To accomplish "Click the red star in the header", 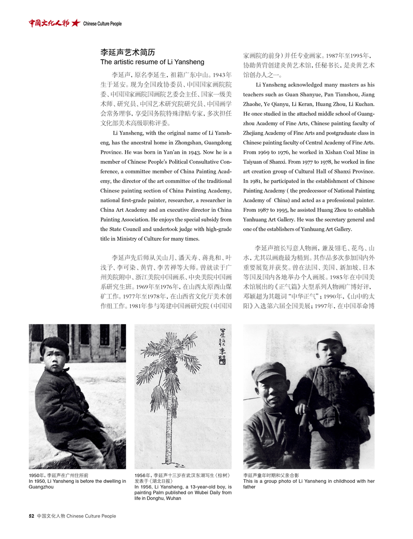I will (75, 23).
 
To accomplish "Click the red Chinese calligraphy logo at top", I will (49, 23).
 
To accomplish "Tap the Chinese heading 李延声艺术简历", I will (127, 52).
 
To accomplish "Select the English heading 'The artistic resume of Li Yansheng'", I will (152, 62).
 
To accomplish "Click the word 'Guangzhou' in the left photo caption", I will (42, 487).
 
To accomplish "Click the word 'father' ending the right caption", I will (249, 487).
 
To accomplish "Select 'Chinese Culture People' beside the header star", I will (103, 23).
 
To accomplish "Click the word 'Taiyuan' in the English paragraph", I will (253, 161).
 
